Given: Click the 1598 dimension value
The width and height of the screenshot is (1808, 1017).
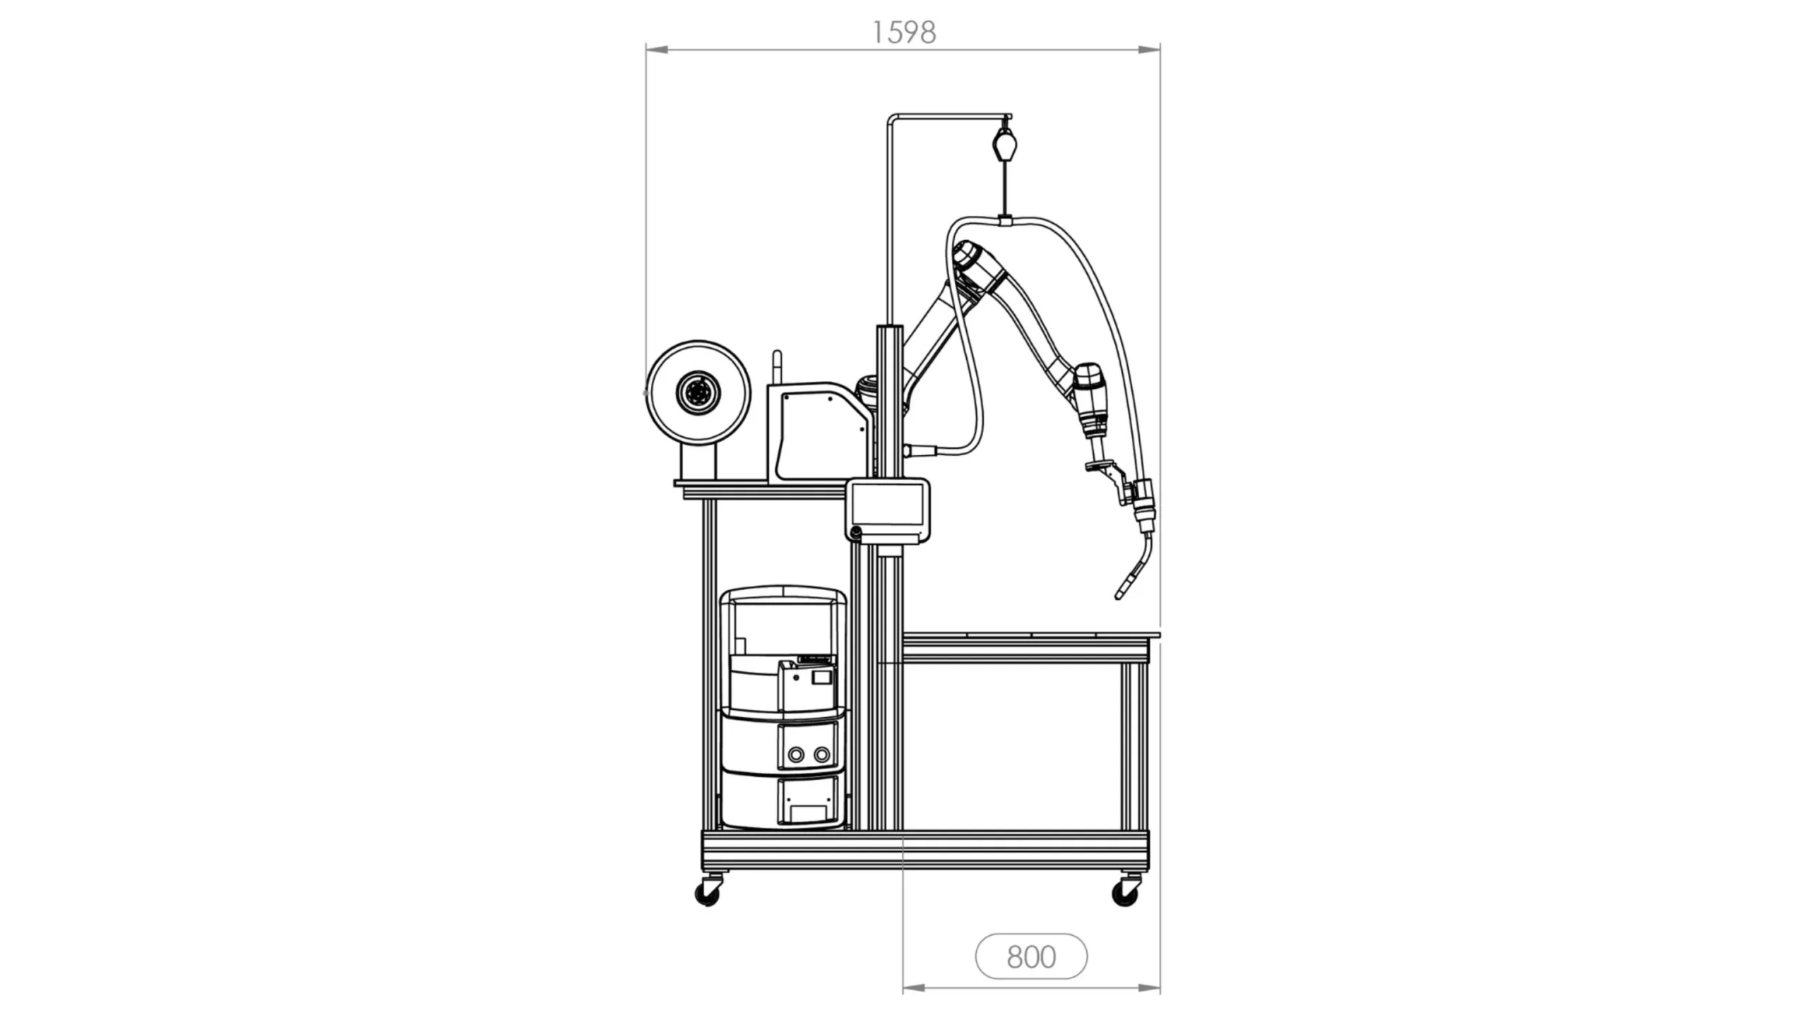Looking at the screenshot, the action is tap(904, 32).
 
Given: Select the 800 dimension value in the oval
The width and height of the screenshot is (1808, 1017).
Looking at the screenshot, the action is tap(1031, 956).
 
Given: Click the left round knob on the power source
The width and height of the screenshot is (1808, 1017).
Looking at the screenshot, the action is tap(796, 754).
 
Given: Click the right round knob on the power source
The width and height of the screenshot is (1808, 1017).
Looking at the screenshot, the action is tap(821, 754).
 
